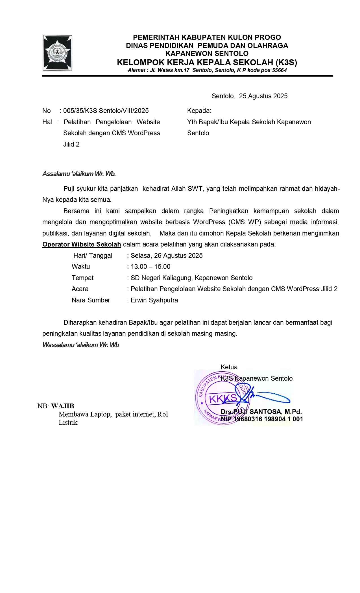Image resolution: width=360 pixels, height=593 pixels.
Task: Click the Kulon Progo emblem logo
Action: click(58, 53)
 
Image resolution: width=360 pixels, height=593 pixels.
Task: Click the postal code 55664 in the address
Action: click(279, 70)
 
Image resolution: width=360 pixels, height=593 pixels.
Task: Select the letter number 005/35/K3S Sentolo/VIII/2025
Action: click(106, 111)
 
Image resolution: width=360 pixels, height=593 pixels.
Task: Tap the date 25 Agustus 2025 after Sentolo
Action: click(263, 96)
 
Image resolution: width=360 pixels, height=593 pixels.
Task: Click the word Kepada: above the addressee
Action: click(199, 111)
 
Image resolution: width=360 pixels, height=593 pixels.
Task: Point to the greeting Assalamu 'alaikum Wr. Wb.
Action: click(79, 174)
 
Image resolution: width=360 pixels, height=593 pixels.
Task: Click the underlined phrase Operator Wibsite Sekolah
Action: click(82, 244)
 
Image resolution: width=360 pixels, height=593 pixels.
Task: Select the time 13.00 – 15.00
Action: click(150, 267)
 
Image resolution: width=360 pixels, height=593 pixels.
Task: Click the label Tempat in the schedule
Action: click(82, 278)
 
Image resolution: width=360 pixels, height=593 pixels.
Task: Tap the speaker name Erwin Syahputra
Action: click(154, 300)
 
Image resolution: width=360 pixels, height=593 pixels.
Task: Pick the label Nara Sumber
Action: click(91, 300)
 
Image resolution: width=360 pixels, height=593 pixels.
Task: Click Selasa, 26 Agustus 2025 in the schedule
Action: click(167, 256)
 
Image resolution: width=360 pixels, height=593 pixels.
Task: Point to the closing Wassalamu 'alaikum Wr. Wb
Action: click(81, 345)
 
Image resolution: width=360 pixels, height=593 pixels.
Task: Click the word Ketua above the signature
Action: click(229, 367)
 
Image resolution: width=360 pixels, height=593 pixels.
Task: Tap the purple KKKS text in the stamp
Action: click(223, 398)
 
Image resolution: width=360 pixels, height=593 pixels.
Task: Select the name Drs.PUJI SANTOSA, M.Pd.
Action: click(261, 412)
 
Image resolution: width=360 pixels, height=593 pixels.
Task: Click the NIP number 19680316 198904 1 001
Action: click(268, 419)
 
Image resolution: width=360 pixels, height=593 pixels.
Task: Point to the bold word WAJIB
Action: click(63, 406)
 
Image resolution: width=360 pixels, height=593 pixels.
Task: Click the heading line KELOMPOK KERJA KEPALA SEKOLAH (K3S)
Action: click(207, 62)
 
